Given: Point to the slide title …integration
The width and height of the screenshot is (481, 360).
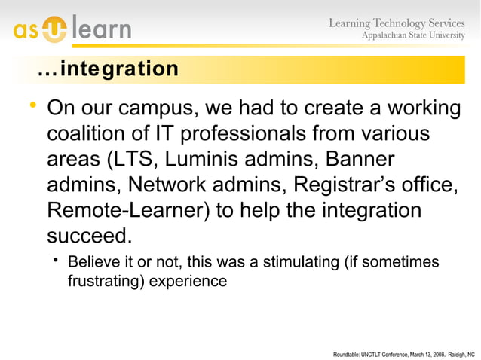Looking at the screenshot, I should pos(108,69).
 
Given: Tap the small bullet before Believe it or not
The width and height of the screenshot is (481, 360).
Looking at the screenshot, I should pos(57,261).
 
